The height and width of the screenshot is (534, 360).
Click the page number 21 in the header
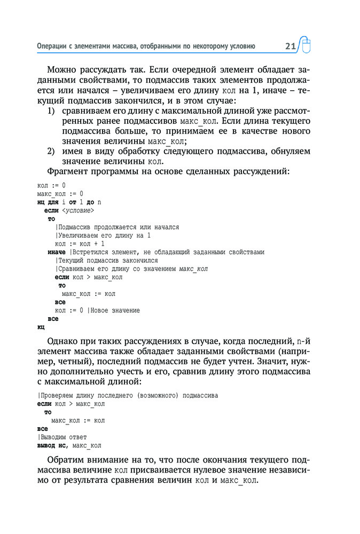click(290, 46)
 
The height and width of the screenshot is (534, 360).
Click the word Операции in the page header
click(52, 46)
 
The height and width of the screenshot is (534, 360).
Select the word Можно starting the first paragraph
click(61, 70)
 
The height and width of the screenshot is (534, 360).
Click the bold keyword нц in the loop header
click(41, 202)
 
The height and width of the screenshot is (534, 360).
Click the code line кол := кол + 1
click(80, 244)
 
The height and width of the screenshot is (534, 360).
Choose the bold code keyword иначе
click(56, 252)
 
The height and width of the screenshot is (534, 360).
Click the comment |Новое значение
click(114, 310)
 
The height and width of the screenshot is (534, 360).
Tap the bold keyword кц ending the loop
click(41, 327)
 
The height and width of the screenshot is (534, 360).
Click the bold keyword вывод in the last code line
click(46, 445)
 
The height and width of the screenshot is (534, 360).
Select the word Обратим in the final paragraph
click(67, 459)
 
